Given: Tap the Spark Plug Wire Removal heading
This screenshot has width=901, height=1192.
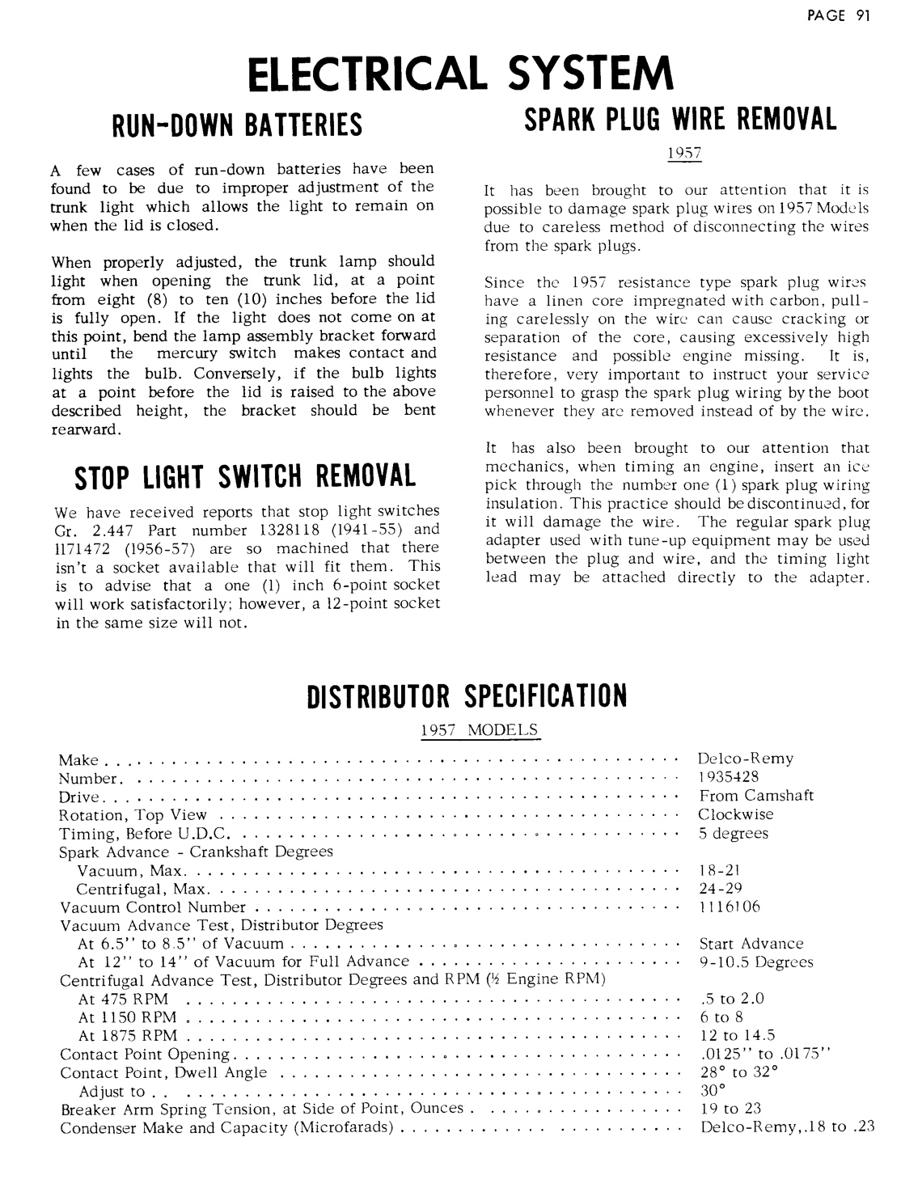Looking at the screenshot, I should point(681,120).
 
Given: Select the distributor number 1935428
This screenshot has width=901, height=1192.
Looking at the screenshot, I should point(729,778).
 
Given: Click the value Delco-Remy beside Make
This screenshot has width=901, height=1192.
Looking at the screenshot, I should point(746,759).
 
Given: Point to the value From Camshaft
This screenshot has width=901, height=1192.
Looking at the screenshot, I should point(756,796).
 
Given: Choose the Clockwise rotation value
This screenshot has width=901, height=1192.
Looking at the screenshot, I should point(736,814).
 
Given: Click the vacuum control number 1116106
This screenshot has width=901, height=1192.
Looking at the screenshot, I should point(730,907).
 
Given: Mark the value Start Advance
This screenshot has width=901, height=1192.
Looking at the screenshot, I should point(751,944).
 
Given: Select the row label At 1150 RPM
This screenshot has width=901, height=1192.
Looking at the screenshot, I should point(127,1017).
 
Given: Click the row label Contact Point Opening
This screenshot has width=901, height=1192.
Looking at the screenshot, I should point(145,1055).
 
